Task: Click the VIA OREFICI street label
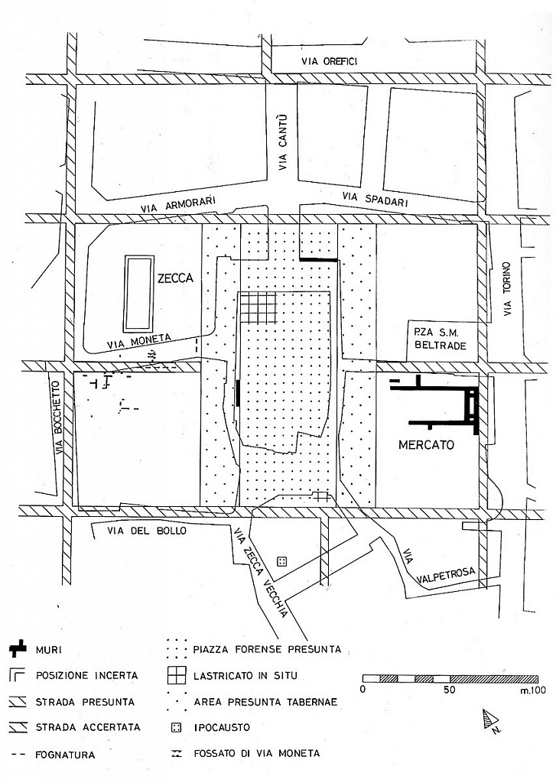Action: [x=329, y=61]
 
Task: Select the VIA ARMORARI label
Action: [x=177, y=204]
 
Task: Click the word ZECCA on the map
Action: [x=175, y=278]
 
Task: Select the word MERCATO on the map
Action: [x=426, y=444]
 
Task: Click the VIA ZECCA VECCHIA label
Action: [x=261, y=572]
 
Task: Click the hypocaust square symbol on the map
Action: [x=281, y=562]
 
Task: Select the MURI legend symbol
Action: [x=18, y=649]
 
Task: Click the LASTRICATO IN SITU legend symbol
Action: [x=177, y=676]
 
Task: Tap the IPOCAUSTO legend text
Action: [x=222, y=727]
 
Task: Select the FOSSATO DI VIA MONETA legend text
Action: [x=256, y=753]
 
